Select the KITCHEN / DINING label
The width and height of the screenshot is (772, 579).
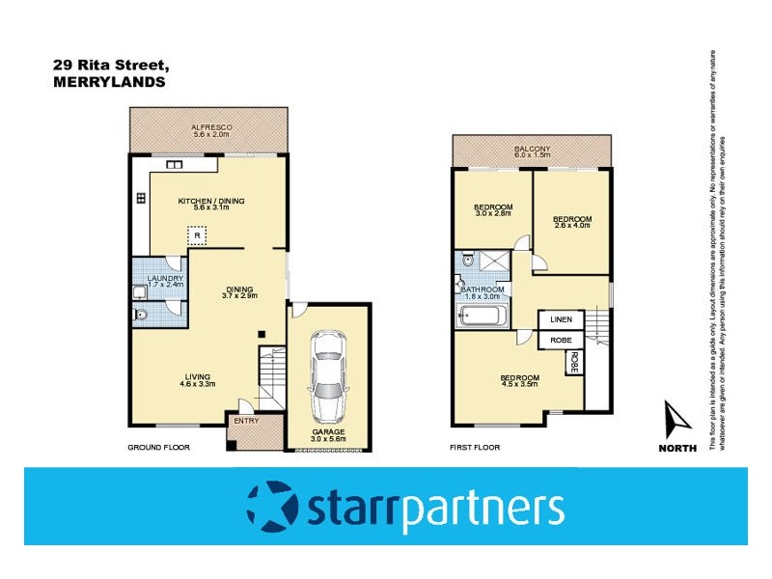pos(211,201)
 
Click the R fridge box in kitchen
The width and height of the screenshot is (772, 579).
pos(197,234)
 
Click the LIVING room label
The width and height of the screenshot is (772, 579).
pos(194,376)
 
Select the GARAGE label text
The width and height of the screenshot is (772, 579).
pos(328,431)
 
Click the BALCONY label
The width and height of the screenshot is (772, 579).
pos(532,149)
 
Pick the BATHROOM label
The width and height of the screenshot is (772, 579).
pos(482,289)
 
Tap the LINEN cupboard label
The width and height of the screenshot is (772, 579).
pos(561,319)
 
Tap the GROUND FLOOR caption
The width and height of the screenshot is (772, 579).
pos(159,448)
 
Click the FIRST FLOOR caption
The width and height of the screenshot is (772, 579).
pos(475,448)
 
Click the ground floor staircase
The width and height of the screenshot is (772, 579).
pos(271,380)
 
